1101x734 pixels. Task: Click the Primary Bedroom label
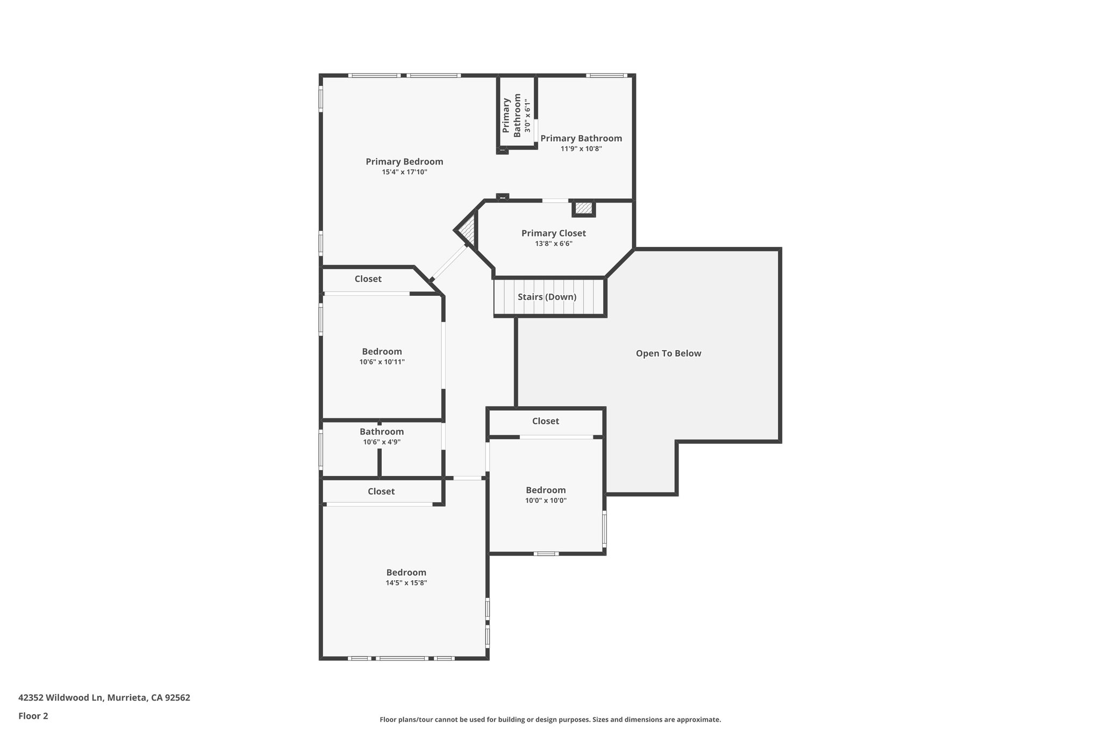point(404,161)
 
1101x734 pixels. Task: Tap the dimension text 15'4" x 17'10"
point(404,172)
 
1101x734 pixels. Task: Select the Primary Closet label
point(553,233)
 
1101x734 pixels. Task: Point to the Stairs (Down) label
point(547,297)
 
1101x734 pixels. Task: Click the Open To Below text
point(668,353)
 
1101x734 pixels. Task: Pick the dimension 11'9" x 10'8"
point(581,148)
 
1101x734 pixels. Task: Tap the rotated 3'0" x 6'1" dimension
point(528,116)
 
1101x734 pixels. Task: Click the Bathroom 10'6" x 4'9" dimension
point(382,442)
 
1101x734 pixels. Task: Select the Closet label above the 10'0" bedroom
point(545,421)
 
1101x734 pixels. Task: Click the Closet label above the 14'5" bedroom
point(381,491)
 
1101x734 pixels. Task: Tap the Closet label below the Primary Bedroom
point(368,279)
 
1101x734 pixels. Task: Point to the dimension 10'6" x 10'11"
point(382,362)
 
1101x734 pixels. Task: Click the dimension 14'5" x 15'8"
point(406,583)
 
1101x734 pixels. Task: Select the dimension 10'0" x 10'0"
point(546,500)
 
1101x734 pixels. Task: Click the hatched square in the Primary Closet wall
point(583,208)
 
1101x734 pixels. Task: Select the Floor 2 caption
point(33,716)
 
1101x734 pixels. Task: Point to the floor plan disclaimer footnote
point(550,719)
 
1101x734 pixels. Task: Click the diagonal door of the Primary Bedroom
point(449,262)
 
